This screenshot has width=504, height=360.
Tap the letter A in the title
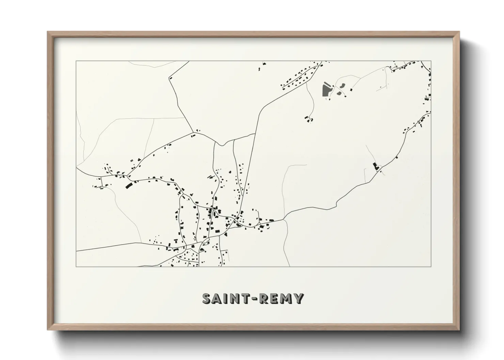[219, 298]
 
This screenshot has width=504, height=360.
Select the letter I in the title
[227, 298]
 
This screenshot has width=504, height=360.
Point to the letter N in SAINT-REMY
[236, 298]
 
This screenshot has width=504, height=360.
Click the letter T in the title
[247, 298]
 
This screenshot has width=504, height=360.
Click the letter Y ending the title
[299, 298]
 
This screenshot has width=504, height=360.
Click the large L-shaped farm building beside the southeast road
[376, 167]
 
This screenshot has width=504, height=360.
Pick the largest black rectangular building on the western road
[129, 186]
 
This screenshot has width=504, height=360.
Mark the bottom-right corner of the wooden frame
[459, 330]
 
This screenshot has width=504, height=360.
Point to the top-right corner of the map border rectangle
[431, 61]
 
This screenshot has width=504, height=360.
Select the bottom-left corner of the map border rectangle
[76, 266]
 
